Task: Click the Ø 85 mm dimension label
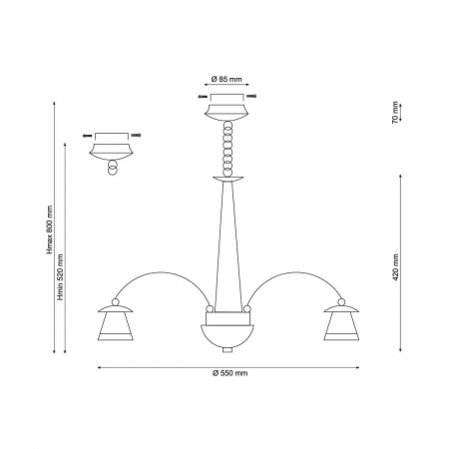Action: (x=226, y=79)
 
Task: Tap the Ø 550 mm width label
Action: (x=229, y=373)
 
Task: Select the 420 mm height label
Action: (x=395, y=267)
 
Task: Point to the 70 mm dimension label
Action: (x=395, y=113)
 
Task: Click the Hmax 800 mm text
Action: (x=50, y=229)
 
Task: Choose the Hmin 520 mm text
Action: (x=60, y=277)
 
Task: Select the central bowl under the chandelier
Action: (x=227, y=336)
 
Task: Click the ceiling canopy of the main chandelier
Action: (x=226, y=113)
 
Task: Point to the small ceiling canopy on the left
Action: (x=111, y=152)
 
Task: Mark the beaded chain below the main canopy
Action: (x=227, y=149)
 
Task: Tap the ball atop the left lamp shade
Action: (x=115, y=302)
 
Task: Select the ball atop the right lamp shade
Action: (x=341, y=302)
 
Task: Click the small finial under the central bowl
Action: (x=227, y=350)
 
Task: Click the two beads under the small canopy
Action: (x=113, y=168)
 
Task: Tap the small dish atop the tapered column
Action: (x=228, y=179)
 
